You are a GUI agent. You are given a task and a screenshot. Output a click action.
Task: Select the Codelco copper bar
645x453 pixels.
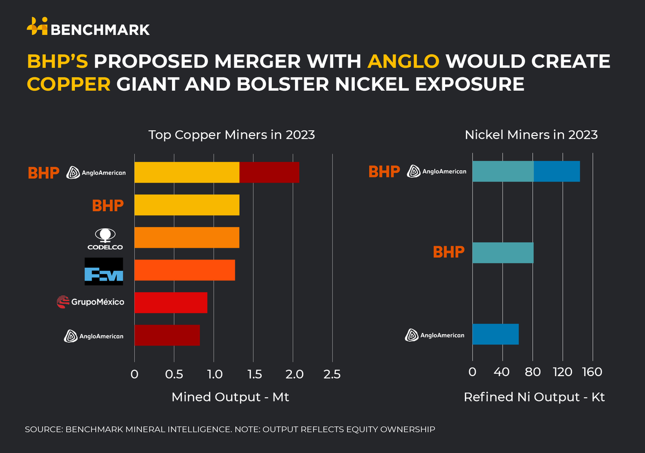coord(187,238)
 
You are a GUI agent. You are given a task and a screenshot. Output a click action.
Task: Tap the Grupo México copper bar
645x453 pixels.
coord(170,303)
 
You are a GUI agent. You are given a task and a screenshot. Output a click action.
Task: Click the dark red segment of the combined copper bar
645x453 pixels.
coord(269,172)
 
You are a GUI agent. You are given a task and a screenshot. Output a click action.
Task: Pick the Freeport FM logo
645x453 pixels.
coord(104,271)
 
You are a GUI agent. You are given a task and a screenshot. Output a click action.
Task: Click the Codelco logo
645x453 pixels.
coord(105,239)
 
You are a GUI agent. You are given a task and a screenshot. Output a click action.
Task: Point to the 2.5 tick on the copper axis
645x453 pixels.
coord(332,373)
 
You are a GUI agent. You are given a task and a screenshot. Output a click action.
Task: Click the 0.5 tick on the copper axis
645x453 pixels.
coord(174,373)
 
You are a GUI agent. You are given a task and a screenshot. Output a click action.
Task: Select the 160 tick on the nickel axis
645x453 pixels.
coord(592,372)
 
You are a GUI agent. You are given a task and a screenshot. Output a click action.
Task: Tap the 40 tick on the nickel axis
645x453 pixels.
coord(503,372)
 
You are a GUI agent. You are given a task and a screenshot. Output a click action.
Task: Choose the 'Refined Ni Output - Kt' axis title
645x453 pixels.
coord(534,398)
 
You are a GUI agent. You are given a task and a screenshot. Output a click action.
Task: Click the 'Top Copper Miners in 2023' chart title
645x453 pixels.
coord(232,135)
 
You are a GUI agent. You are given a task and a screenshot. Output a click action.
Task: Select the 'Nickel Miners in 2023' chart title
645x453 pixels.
coord(531,135)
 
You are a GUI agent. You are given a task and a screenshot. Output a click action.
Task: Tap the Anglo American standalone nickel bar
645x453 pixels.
coord(495,334)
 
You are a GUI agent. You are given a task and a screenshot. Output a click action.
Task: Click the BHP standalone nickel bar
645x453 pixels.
coord(503,253)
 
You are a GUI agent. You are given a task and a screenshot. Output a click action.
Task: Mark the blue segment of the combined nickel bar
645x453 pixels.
coord(556,171)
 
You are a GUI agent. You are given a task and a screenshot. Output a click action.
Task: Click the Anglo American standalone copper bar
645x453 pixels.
coord(167,335)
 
